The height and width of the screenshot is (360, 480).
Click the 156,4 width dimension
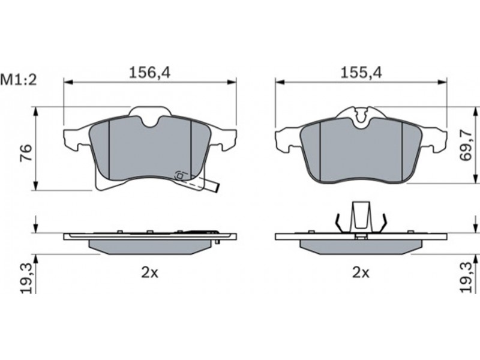pyautogui.click(x=149, y=73)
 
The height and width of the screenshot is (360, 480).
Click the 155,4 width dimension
pyautogui.click(x=362, y=73)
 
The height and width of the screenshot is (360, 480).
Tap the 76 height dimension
pyautogui.click(x=26, y=152)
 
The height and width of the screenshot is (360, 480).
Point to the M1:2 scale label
pyautogui.click(x=19, y=80)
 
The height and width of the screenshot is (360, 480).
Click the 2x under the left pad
pyautogui.click(x=149, y=272)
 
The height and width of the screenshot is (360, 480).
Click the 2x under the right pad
pyautogui.click(x=361, y=272)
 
